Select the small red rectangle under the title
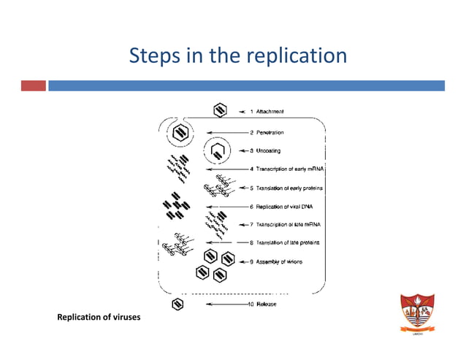pyautogui.click(x=32, y=86)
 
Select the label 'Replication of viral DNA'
pyautogui.click(x=280, y=207)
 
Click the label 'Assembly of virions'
pyautogui.click(x=275, y=261)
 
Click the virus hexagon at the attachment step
pyautogui.click(x=219, y=110)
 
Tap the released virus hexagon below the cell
pyautogui.click(x=177, y=304)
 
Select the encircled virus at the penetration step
pyautogui.click(x=179, y=133)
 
